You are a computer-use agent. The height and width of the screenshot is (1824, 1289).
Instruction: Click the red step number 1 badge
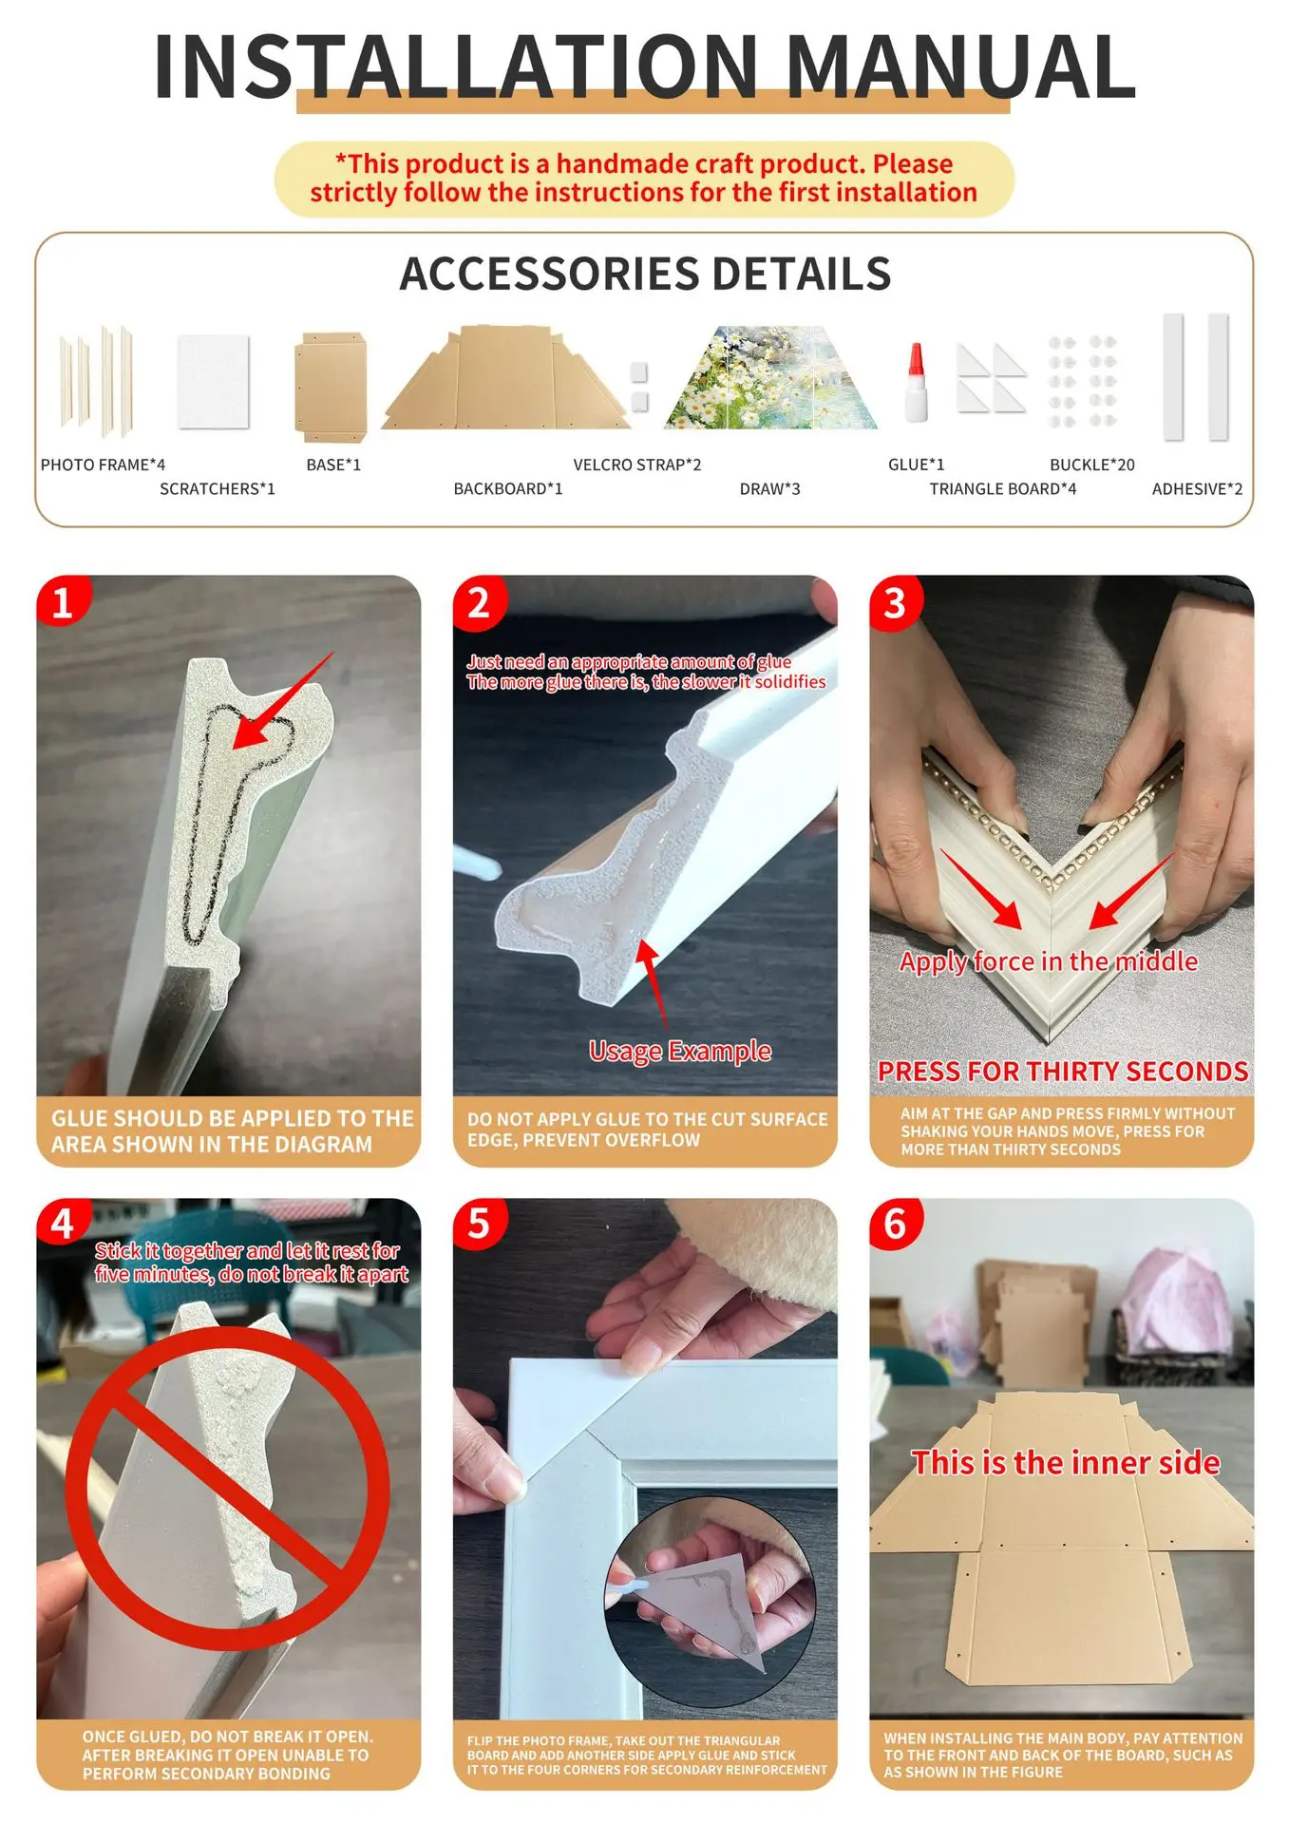(63, 601)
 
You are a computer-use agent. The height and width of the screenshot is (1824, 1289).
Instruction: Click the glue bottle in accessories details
(916, 382)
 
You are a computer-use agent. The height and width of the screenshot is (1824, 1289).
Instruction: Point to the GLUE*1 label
(916, 465)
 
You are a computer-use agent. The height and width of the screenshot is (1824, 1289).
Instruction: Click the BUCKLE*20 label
(1091, 465)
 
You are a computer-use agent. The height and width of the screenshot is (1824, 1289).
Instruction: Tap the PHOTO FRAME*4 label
(103, 465)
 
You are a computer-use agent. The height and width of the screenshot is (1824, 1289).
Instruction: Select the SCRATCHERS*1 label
(217, 488)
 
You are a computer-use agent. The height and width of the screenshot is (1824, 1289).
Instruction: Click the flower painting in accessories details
(770, 377)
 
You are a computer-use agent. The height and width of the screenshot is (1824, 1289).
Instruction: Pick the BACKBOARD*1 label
(507, 488)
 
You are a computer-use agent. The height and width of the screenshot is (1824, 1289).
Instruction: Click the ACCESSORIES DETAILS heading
(645, 274)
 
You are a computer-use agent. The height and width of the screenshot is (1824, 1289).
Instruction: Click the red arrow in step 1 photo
(283, 700)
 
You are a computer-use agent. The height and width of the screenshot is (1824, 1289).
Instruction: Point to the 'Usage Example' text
(680, 1051)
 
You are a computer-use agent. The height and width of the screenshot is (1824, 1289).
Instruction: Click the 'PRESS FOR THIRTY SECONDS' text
(1062, 1072)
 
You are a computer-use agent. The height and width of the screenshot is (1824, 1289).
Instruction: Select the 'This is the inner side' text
(1066, 1462)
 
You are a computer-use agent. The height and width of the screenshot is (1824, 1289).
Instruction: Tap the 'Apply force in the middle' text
(1049, 961)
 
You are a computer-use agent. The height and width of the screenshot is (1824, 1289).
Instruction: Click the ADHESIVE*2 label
(1197, 488)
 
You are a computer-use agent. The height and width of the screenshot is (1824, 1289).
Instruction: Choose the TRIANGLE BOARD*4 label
(1002, 488)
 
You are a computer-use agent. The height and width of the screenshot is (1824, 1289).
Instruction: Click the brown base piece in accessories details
(330, 387)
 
